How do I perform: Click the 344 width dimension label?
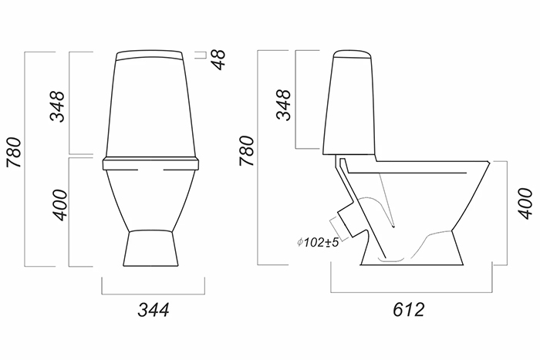(154, 310)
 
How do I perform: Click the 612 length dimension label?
(408, 309)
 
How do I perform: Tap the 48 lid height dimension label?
(219, 59)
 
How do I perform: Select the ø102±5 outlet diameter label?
(318, 242)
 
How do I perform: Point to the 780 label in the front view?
(15, 152)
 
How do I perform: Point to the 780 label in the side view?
(247, 151)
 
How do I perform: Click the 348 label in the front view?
(57, 106)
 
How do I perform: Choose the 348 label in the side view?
(284, 105)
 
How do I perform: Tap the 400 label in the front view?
(59, 204)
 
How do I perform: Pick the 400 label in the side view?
(525, 203)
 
